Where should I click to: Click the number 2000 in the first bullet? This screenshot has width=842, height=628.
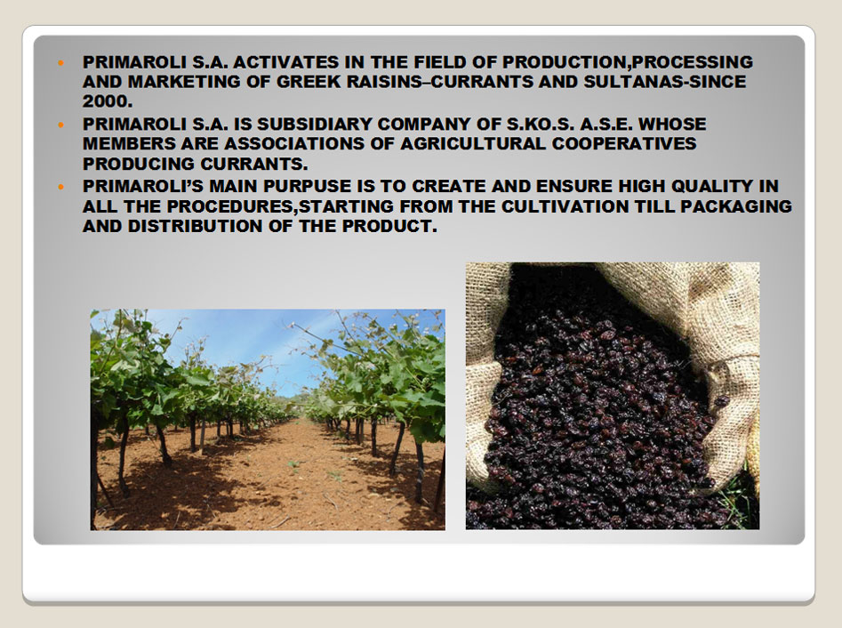(x=107, y=101)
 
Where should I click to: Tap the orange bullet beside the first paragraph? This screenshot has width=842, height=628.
(x=60, y=63)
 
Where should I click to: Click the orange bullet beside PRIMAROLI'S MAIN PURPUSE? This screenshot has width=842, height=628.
(x=60, y=187)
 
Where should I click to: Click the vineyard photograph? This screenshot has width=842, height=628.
(x=268, y=420)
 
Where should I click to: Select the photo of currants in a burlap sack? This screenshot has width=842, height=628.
(x=613, y=396)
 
